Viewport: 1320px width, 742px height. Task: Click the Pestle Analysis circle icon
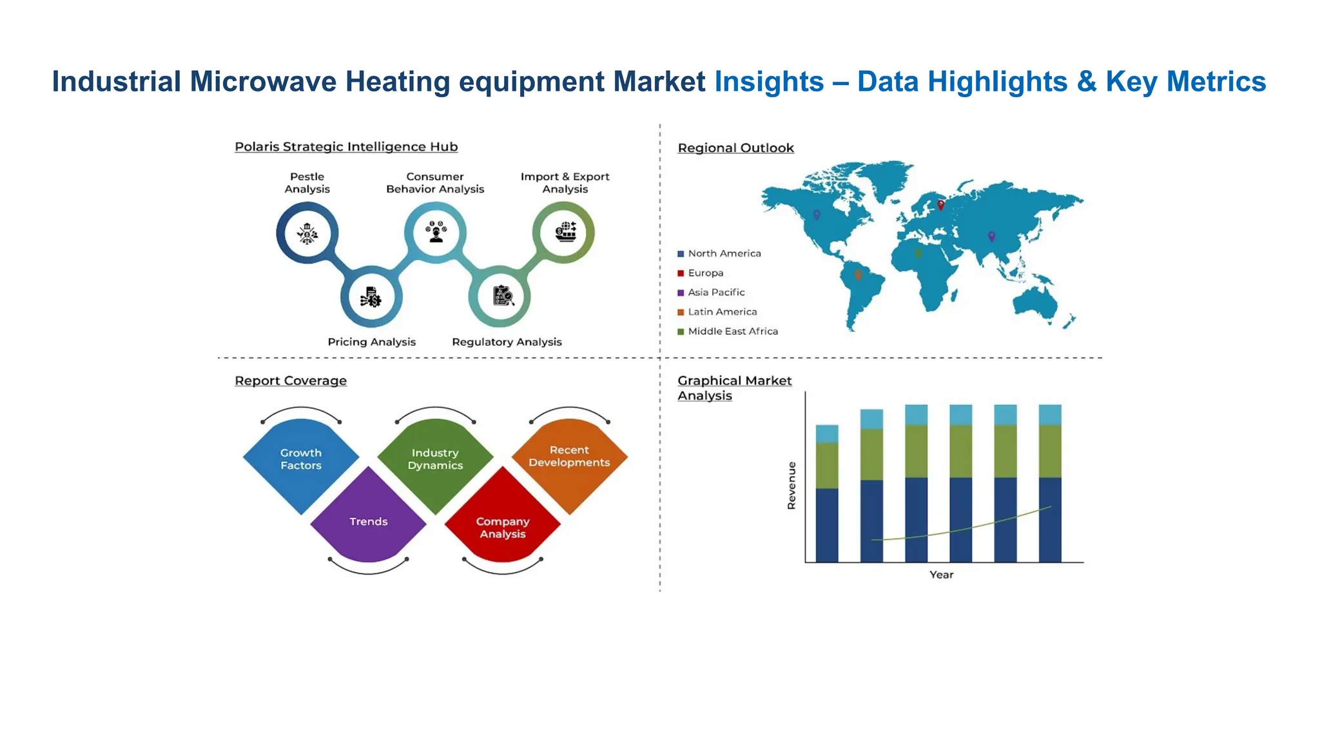coord(307,233)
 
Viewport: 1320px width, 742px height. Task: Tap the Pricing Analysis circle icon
coord(371,297)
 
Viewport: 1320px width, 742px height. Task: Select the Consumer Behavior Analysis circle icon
coord(436,232)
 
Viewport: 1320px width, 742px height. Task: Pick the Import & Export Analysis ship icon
coord(565,232)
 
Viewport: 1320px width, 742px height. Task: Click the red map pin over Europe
coord(940,205)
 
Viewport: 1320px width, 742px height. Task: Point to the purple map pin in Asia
coord(991,236)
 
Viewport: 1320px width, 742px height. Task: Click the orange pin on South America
coord(858,275)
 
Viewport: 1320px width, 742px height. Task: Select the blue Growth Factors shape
coord(301,460)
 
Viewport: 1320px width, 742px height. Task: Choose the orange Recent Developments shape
coord(569,457)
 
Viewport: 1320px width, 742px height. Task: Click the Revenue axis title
coord(791,485)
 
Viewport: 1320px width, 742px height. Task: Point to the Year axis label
coord(941,575)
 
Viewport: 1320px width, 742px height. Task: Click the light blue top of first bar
coord(827,433)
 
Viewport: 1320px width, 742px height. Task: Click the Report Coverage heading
coord(291,381)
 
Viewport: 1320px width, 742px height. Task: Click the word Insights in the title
coord(769,82)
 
